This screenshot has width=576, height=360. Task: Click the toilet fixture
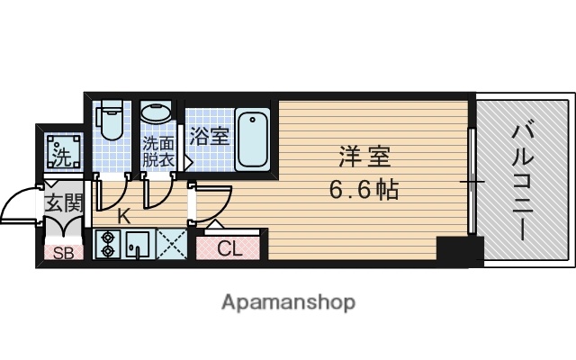point(111,121)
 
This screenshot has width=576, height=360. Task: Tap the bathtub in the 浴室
point(254,138)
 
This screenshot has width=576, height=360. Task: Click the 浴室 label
point(209,138)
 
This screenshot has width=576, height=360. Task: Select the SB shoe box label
point(63,253)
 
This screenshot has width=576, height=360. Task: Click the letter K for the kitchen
point(124,215)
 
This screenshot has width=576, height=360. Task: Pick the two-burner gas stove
point(108,244)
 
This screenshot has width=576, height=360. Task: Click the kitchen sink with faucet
point(139,244)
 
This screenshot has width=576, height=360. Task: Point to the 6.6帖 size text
point(364,191)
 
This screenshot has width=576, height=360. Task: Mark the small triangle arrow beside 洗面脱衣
point(187,163)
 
